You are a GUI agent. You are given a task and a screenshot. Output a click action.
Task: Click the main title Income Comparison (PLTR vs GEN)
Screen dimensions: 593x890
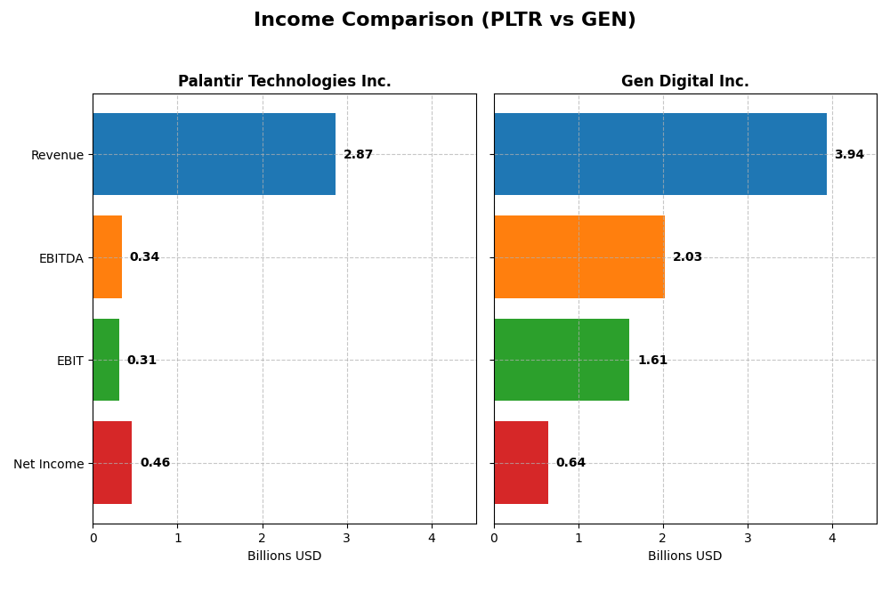click(444, 20)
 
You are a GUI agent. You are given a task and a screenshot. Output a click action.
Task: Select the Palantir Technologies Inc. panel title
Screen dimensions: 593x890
click(284, 82)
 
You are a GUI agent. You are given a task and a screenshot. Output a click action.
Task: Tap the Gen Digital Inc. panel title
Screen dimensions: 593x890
click(684, 82)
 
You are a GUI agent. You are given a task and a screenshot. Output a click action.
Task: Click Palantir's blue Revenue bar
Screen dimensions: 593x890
click(214, 154)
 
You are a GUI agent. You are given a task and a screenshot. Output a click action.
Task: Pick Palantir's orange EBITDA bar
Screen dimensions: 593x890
click(107, 256)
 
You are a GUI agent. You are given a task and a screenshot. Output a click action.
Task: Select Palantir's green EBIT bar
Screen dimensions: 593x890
click(106, 360)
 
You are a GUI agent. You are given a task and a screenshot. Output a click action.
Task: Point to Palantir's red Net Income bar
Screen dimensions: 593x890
click(112, 462)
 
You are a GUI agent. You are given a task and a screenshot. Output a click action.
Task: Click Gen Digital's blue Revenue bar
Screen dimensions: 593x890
click(659, 154)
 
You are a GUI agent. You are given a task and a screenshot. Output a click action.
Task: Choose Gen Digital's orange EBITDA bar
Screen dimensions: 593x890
click(579, 256)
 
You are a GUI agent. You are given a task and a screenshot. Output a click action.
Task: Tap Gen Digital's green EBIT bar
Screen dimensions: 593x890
click(562, 360)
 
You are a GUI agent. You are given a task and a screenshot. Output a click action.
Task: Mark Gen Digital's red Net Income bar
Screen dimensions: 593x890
click(521, 462)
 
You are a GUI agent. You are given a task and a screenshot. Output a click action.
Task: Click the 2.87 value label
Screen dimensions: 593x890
click(358, 155)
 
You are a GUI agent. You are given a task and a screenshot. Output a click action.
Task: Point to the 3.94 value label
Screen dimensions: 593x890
click(849, 155)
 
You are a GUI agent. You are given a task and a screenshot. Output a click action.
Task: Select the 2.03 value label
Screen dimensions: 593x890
click(687, 257)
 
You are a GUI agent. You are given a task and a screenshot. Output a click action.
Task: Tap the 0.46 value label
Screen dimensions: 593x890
click(155, 463)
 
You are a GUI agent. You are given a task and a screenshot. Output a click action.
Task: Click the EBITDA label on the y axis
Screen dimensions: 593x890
click(61, 258)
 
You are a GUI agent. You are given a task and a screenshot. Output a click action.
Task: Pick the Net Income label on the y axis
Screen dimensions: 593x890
click(48, 464)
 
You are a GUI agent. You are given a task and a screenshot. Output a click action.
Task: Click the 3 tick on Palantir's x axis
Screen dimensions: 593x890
click(347, 538)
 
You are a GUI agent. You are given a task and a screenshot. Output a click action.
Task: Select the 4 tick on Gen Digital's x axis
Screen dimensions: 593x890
click(832, 538)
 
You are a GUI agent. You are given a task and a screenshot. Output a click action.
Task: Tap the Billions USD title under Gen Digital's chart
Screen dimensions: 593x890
click(684, 556)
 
